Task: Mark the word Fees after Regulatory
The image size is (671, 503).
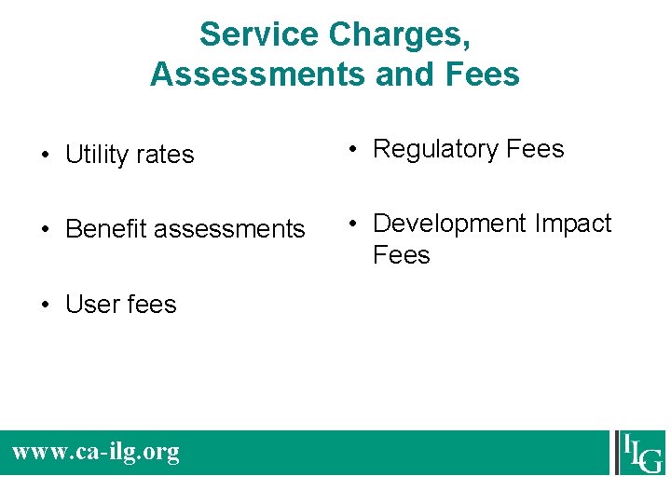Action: point(535,149)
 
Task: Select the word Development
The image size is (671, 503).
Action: point(450,224)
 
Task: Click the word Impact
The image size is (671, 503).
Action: point(573,224)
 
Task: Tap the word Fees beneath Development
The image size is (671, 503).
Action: point(402,255)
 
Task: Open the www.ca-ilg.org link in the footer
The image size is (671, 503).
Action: point(96,453)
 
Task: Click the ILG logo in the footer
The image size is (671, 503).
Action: point(641,453)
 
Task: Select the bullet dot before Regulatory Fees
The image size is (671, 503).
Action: point(355,150)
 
